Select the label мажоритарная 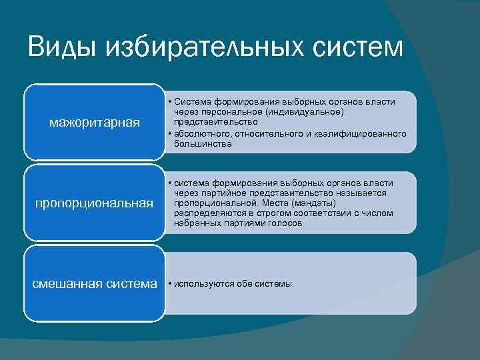click(x=95, y=122)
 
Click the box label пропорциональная click(x=95, y=203)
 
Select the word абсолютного click(x=203, y=133)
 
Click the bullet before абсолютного click(x=171, y=133)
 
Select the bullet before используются click(x=171, y=284)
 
